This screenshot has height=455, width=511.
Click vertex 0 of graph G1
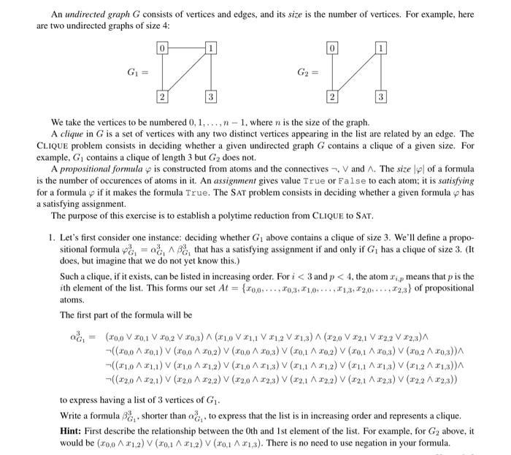[163, 48]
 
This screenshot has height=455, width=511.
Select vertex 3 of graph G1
[210, 97]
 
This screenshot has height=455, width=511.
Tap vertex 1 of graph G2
[380, 48]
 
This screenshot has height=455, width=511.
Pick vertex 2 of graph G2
[332, 97]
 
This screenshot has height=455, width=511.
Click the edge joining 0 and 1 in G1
[186, 48]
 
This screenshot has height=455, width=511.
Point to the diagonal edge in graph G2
[356, 73]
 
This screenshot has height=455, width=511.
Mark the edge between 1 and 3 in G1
[210, 73]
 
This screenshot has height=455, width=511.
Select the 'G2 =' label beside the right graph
[306, 73]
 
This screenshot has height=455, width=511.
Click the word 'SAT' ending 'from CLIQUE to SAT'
[365, 216]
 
